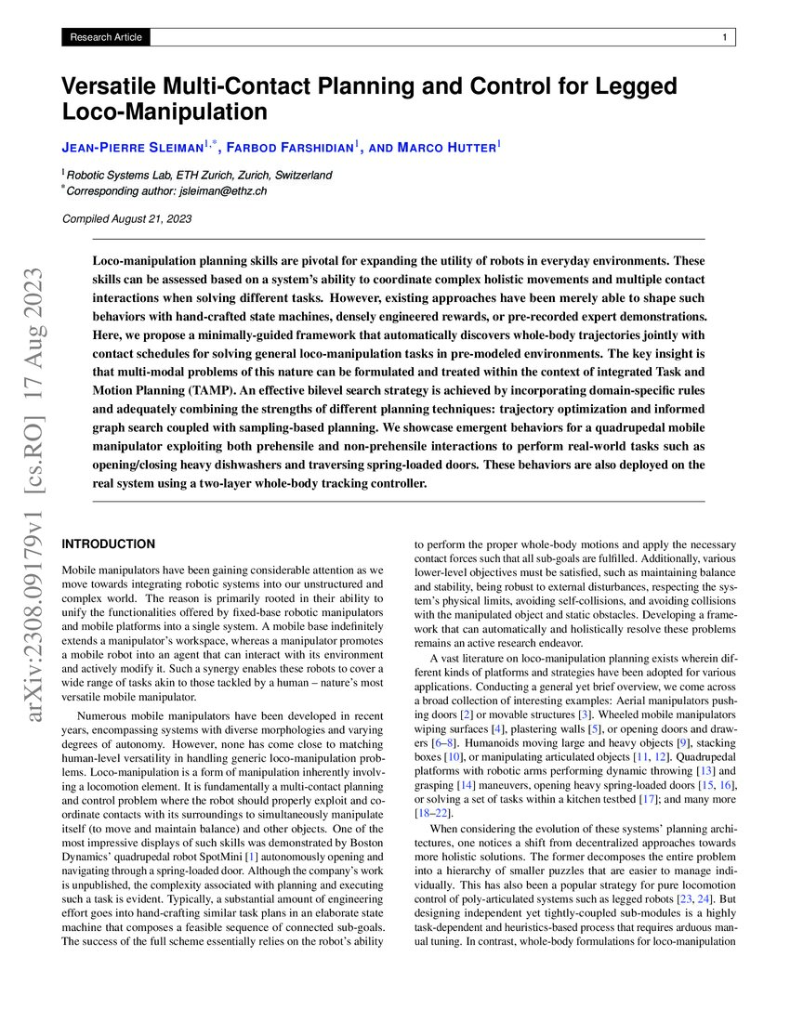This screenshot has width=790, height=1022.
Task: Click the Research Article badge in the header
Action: click(104, 37)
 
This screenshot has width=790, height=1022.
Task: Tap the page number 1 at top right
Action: click(723, 37)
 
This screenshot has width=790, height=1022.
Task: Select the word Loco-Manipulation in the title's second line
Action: click(164, 112)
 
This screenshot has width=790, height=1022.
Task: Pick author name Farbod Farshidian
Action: click(289, 146)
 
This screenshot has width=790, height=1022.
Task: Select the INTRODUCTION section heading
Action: click(108, 544)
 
